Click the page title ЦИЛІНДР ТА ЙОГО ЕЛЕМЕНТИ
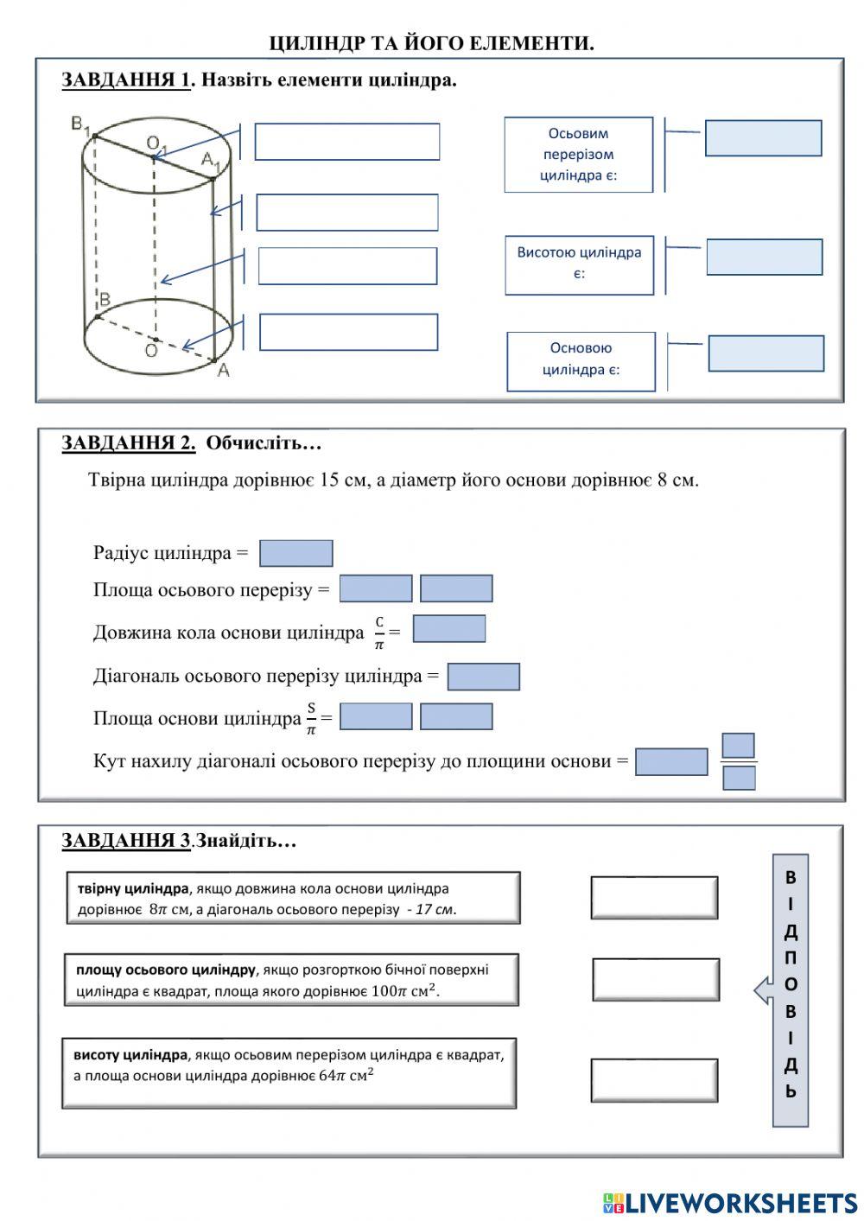click(x=431, y=43)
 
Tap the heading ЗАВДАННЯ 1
click(x=126, y=80)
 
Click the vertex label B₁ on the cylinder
click(x=80, y=125)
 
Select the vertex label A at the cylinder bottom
click(x=223, y=371)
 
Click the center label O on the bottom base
click(x=151, y=351)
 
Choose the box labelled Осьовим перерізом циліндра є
click(x=578, y=155)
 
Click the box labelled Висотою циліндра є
click(x=579, y=264)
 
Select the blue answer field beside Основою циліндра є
click(x=766, y=353)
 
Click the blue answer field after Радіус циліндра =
click(x=295, y=553)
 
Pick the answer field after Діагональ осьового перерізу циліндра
click(x=483, y=677)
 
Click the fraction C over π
click(x=379, y=633)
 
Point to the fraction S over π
click(x=311, y=718)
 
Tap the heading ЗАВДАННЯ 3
click(x=126, y=841)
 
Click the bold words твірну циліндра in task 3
click(x=133, y=888)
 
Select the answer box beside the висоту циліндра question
click(x=654, y=1080)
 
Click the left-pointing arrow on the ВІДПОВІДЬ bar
click(x=763, y=990)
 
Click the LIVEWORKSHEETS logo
click(x=730, y=1202)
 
